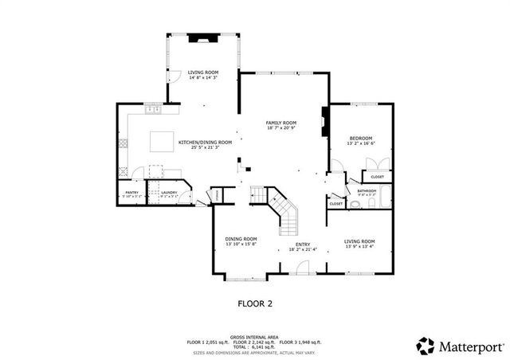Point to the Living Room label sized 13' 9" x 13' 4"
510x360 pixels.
(x=359, y=244)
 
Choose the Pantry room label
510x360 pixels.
(x=131, y=193)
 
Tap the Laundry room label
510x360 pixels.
(x=168, y=193)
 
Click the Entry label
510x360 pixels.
(x=303, y=247)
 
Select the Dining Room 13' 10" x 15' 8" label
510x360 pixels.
(x=240, y=241)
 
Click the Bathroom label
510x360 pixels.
(x=366, y=191)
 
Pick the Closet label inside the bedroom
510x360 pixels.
(x=377, y=176)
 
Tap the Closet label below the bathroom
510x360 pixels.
(x=335, y=204)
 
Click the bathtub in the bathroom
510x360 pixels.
(x=386, y=197)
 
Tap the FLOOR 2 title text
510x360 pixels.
(x=255, y=303)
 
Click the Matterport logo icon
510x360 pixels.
(x=426, y=345)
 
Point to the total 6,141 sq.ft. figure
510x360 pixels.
(x=267, y=346)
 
